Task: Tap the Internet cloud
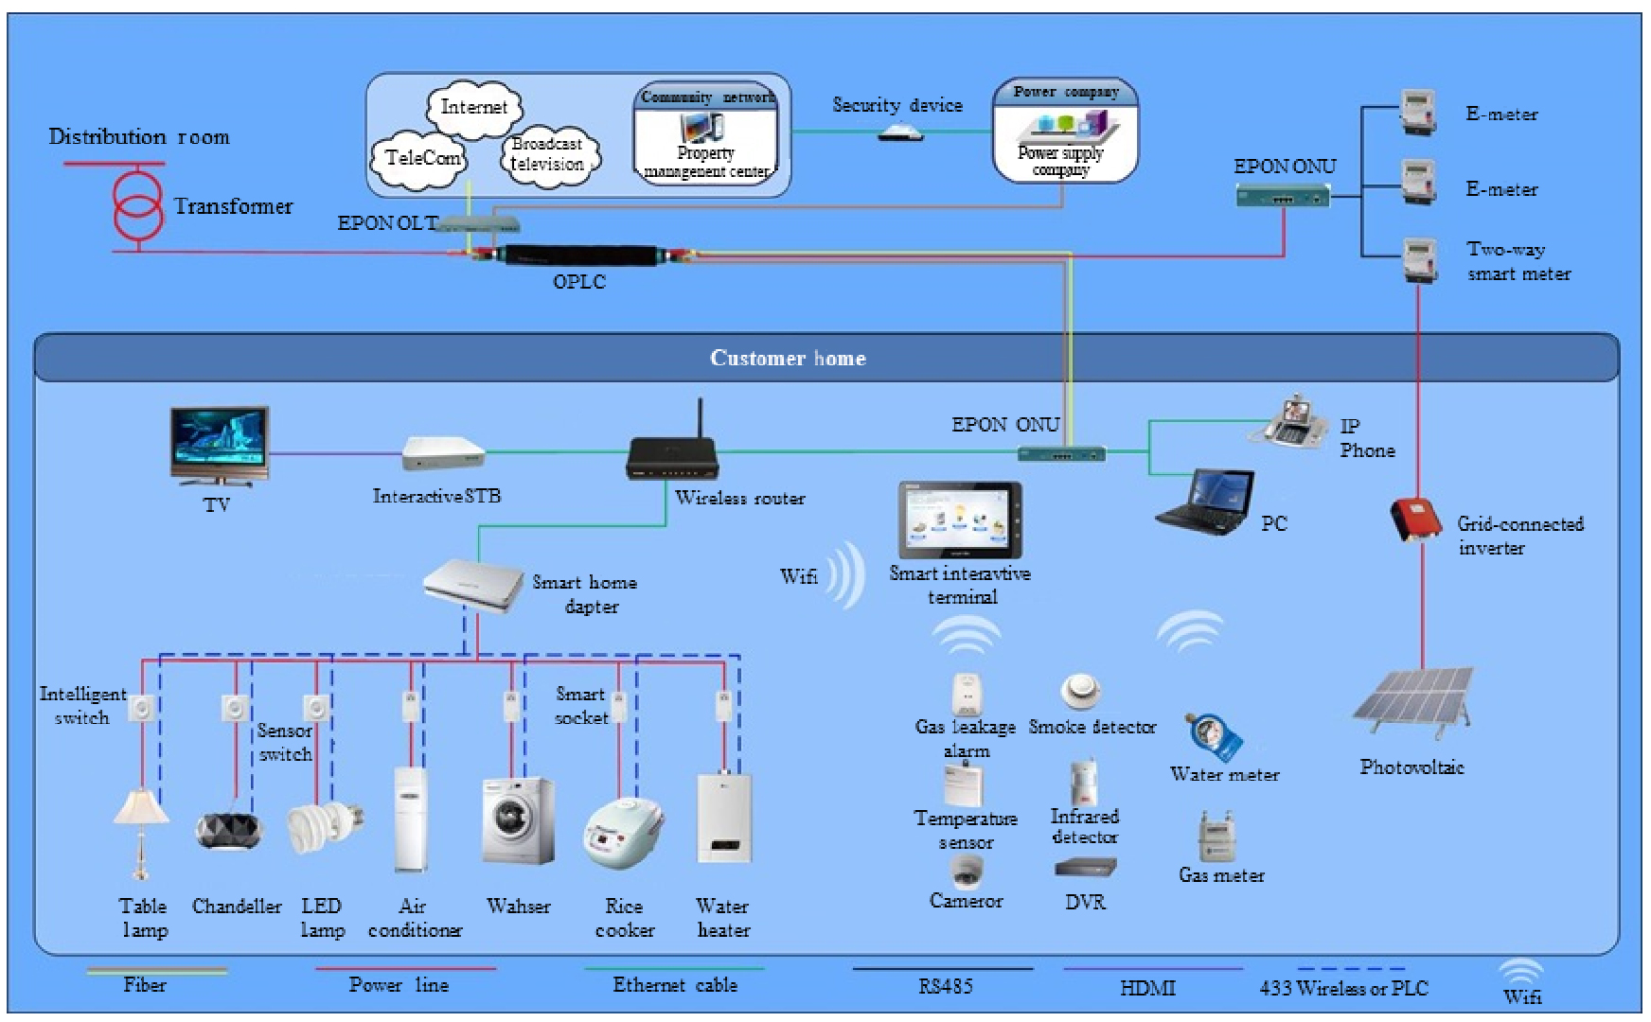pos(473,107)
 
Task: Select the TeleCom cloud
pos(421,157)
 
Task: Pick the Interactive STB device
pos(442,453)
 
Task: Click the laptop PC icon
pos(1205,502)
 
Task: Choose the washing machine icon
pos(517,819)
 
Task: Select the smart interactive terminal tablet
pos(960,520)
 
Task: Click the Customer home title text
pos(788,358)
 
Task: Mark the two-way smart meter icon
pos(1417,258)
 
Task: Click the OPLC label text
pos(578,281)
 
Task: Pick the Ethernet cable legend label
pos(675,985)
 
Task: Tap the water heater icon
pos(724,819)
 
